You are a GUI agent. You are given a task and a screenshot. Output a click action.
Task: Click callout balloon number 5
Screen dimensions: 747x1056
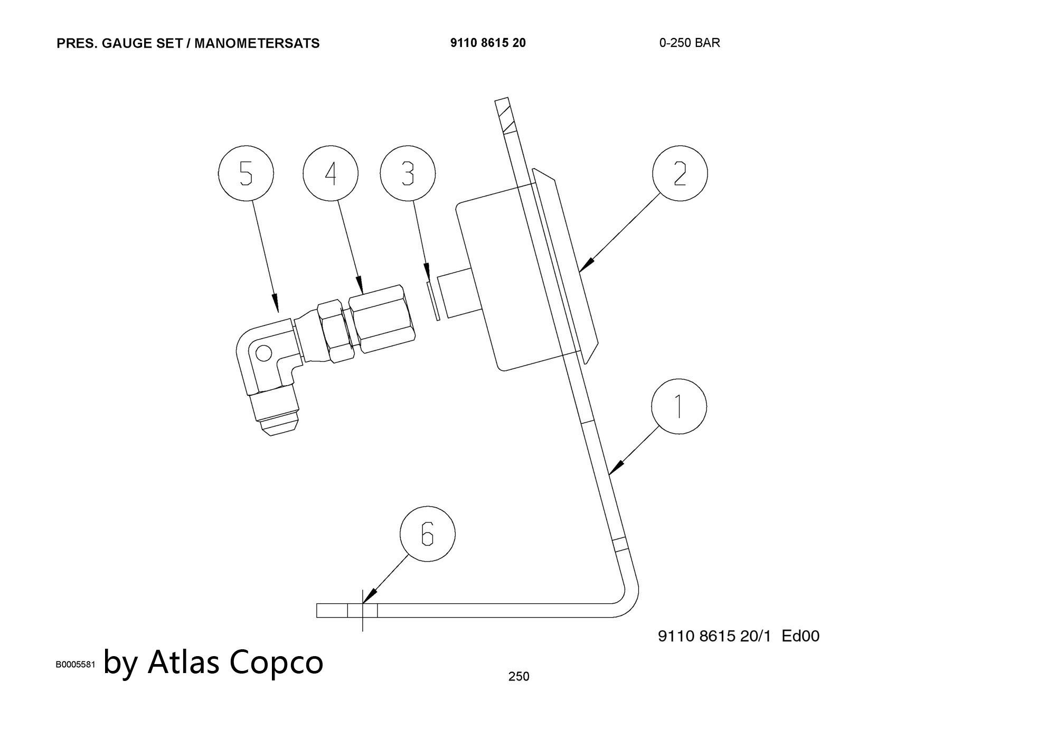(x=246, y=174)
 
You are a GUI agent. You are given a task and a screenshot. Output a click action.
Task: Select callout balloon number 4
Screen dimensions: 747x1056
(x=331, y=174)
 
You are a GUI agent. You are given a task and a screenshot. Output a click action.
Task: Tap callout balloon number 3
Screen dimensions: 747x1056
(x=408, y=174)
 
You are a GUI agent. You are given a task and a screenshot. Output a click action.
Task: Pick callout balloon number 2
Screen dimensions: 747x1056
(x=680, y=174)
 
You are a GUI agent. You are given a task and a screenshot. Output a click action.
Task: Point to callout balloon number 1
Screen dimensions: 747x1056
(x=678, y=407)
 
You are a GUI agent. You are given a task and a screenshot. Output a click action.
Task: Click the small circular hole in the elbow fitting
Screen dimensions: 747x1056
(x=263, y=352)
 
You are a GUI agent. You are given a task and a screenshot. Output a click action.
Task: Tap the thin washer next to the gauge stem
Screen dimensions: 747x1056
(x=432, y=300)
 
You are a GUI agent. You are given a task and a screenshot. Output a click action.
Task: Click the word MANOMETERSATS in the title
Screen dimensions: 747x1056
(x=257, y=43)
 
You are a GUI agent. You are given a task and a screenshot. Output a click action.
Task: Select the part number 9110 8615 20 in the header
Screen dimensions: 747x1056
(x=488, y=43)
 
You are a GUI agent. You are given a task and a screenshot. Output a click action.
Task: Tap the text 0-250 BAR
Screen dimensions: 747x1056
(x=689, y=43)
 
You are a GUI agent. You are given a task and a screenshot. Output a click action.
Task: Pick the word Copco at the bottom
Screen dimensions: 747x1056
(x=276, y=661)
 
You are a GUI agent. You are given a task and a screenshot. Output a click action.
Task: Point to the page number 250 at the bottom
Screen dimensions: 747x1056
(x=518, y=676)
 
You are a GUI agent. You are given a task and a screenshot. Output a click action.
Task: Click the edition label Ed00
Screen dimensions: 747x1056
(x=800, y=636)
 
